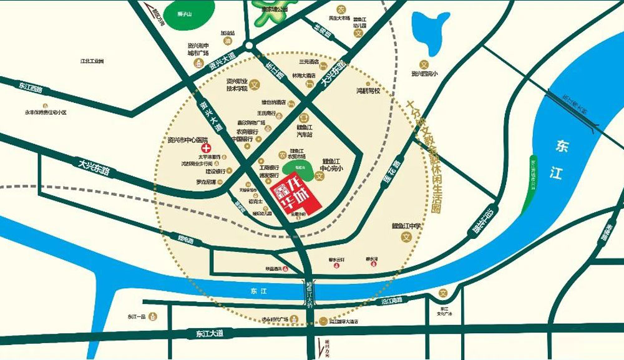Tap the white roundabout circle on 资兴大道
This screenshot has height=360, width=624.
pos(249,46)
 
